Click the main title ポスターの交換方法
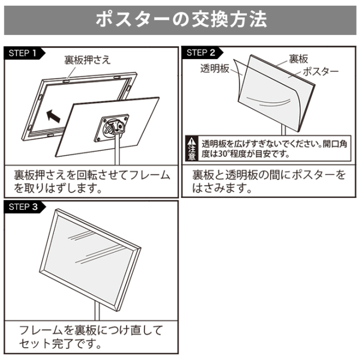click(x=180, y=19)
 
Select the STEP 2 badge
click(x=201, y=53)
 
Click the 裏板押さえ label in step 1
click(x=87, y=59)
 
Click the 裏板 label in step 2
click(x=299, y=58)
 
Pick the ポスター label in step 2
click(x=321, y=71)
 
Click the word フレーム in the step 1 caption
click(x=147, y=175)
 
